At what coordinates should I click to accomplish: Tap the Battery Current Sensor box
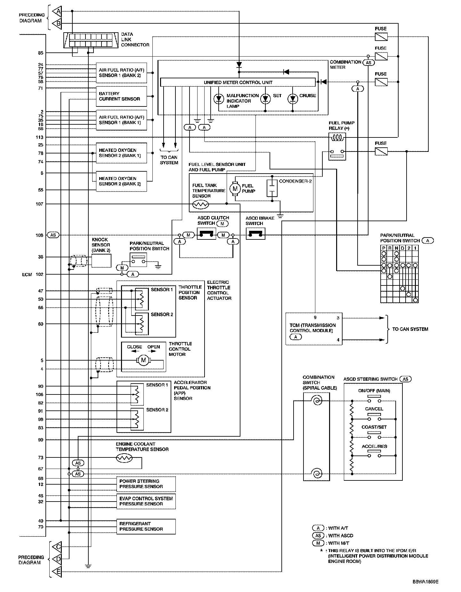click(121, 96)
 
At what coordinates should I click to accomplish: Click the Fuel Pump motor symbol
click(235, 188)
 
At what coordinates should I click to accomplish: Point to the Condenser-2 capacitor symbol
click(272, 189)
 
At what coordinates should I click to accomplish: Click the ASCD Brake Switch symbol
click(255, 236)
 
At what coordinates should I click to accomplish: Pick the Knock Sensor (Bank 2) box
click(101, 261)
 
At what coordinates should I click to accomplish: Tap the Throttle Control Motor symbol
click(143, 360)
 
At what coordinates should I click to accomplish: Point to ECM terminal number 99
click(40, 440)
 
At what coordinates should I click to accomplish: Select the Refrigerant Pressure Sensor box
click(146, 526)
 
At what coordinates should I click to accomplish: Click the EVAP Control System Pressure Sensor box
click(146, 501)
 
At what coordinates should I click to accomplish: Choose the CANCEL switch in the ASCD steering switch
click(374, 417)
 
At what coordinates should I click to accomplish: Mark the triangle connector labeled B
click(58, 23)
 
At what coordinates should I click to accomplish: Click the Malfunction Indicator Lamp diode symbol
click(219, 99)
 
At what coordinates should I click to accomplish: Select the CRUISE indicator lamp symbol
click(293, 99)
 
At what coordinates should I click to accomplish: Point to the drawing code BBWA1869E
click(425, 581)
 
